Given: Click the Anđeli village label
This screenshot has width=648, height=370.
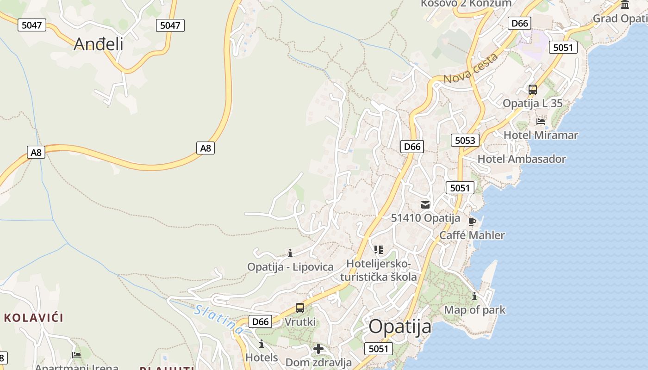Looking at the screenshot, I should pyautogui.click(x=99, y=44).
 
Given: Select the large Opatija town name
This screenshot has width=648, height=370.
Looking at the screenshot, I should pyautogui.click(x=400, y=327).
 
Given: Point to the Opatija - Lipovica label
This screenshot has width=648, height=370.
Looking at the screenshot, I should pyautogui.click(x=290, y=267).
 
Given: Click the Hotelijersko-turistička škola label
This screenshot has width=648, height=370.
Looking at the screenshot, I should pyautogui.click(x=379, y=271).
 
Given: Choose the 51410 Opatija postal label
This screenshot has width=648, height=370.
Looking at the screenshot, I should pyautogui.click(x=425, y=218).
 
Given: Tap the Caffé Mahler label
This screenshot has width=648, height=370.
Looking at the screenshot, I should pyautogui.click(x=472, y=235).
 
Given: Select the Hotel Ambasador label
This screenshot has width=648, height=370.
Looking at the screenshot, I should pyautogui.click(x=522, y=159).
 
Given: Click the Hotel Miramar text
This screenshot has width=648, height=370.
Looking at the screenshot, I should pyautogui.click(x=541, y=135).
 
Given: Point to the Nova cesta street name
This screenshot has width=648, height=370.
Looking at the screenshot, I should pyautogui.click(x=471, y=68).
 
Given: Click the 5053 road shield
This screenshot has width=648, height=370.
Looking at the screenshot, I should pyautogui.click(x=465, y=140).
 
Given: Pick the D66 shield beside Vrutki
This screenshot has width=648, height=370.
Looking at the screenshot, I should pyautogui.click(x=260, y=321).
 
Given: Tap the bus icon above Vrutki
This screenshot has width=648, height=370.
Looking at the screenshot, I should pyautogui.click(x=300, y=308).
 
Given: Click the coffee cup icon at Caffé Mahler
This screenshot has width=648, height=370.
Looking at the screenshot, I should pyautogui.click(x=472, y=222).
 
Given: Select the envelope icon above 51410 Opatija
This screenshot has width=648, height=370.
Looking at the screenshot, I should pyautogui.click(x=425, y=205).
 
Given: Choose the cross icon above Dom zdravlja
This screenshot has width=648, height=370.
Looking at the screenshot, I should pyautogui.click(x=318, y=349).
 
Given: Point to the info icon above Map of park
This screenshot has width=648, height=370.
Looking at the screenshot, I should pyautogui.click(x=474, y=296).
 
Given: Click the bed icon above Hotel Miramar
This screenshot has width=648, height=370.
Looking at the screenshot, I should pyautogui.click(x=540, y=122).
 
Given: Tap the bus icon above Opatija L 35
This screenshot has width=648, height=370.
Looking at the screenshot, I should pyautogui.click(x=533, y=90).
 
